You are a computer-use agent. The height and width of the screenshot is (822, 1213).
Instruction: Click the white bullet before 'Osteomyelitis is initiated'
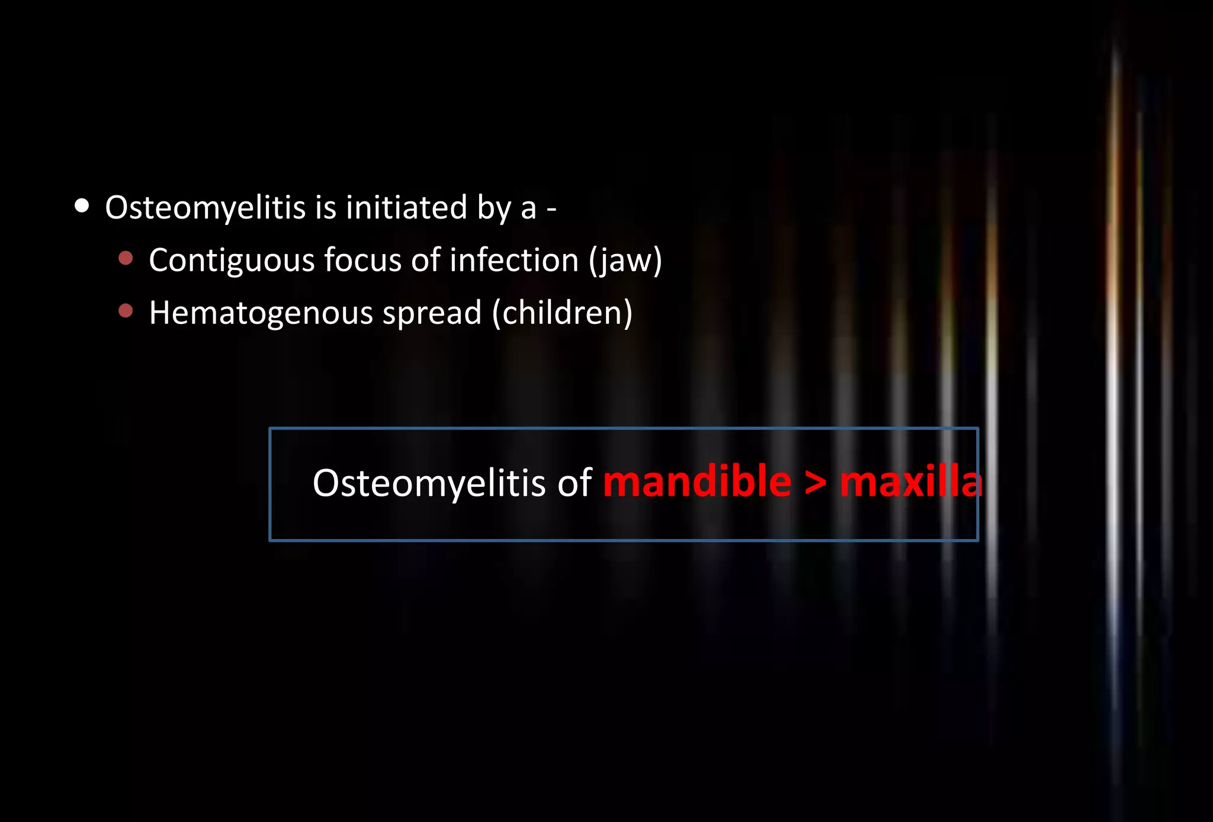click(82, 206)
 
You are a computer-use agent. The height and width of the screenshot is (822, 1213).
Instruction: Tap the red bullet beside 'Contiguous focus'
click(126, 258)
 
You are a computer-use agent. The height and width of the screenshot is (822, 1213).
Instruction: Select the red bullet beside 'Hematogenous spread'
click(126, 310)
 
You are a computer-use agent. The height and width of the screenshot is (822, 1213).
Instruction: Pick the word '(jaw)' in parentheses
click(625, 261)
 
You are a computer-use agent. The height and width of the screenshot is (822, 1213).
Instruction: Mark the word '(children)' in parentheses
click(562, 313)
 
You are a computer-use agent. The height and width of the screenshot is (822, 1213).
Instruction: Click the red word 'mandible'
click(697, 482)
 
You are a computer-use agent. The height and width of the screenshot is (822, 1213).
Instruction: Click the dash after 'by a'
click(551, 210)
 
